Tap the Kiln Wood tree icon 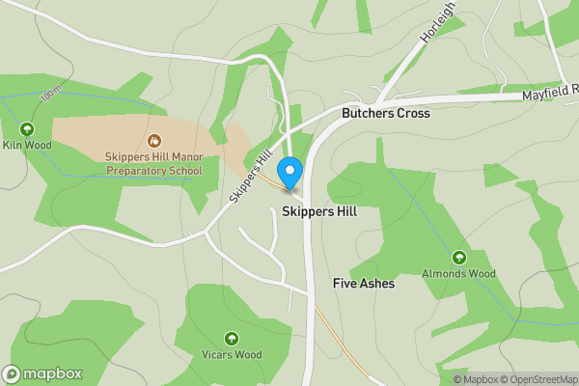[x=26, y=129]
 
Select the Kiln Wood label [x=26, y=146]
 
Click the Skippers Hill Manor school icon [x=153, y=141]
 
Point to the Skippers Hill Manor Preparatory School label [x=153, y=163]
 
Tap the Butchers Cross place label [x=385, y=113]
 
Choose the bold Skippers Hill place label [x=319, y=209]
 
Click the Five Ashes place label [x=363, y=284]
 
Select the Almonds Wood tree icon [x=458, y=258]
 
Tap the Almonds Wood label [x=458, y=274]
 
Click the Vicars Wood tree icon [x=232, y=338]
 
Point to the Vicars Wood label [x=232, y=354]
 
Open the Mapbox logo [x=42, y=373]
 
